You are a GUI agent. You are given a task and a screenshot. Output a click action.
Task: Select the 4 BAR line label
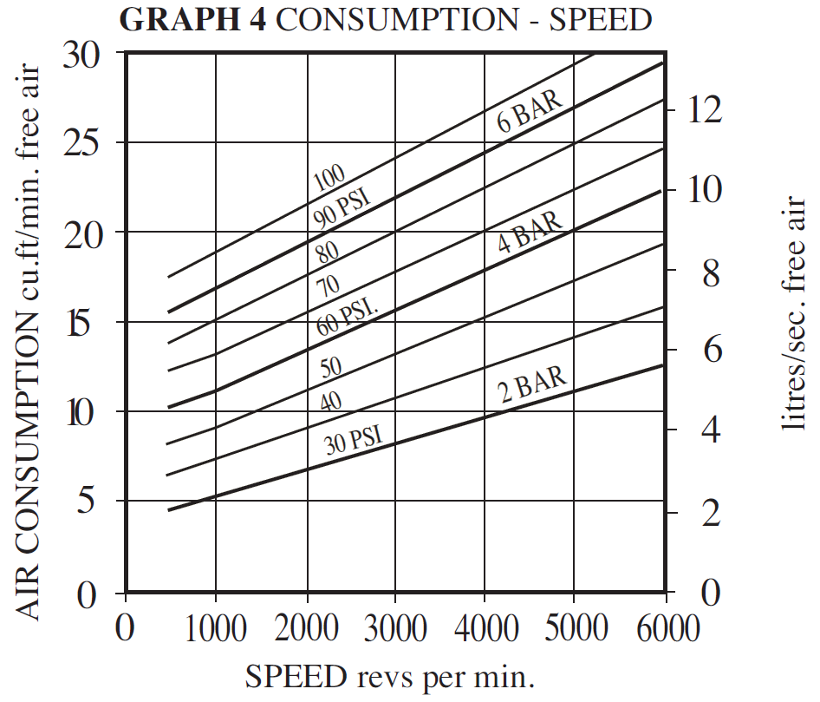pyautogui.click(x=530, y=231)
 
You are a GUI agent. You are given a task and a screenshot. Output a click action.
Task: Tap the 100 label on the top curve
pyautogui.click(x=329, y=178)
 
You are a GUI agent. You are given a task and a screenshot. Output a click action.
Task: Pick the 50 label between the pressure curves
pyautogui.click(x=330, y=367)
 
